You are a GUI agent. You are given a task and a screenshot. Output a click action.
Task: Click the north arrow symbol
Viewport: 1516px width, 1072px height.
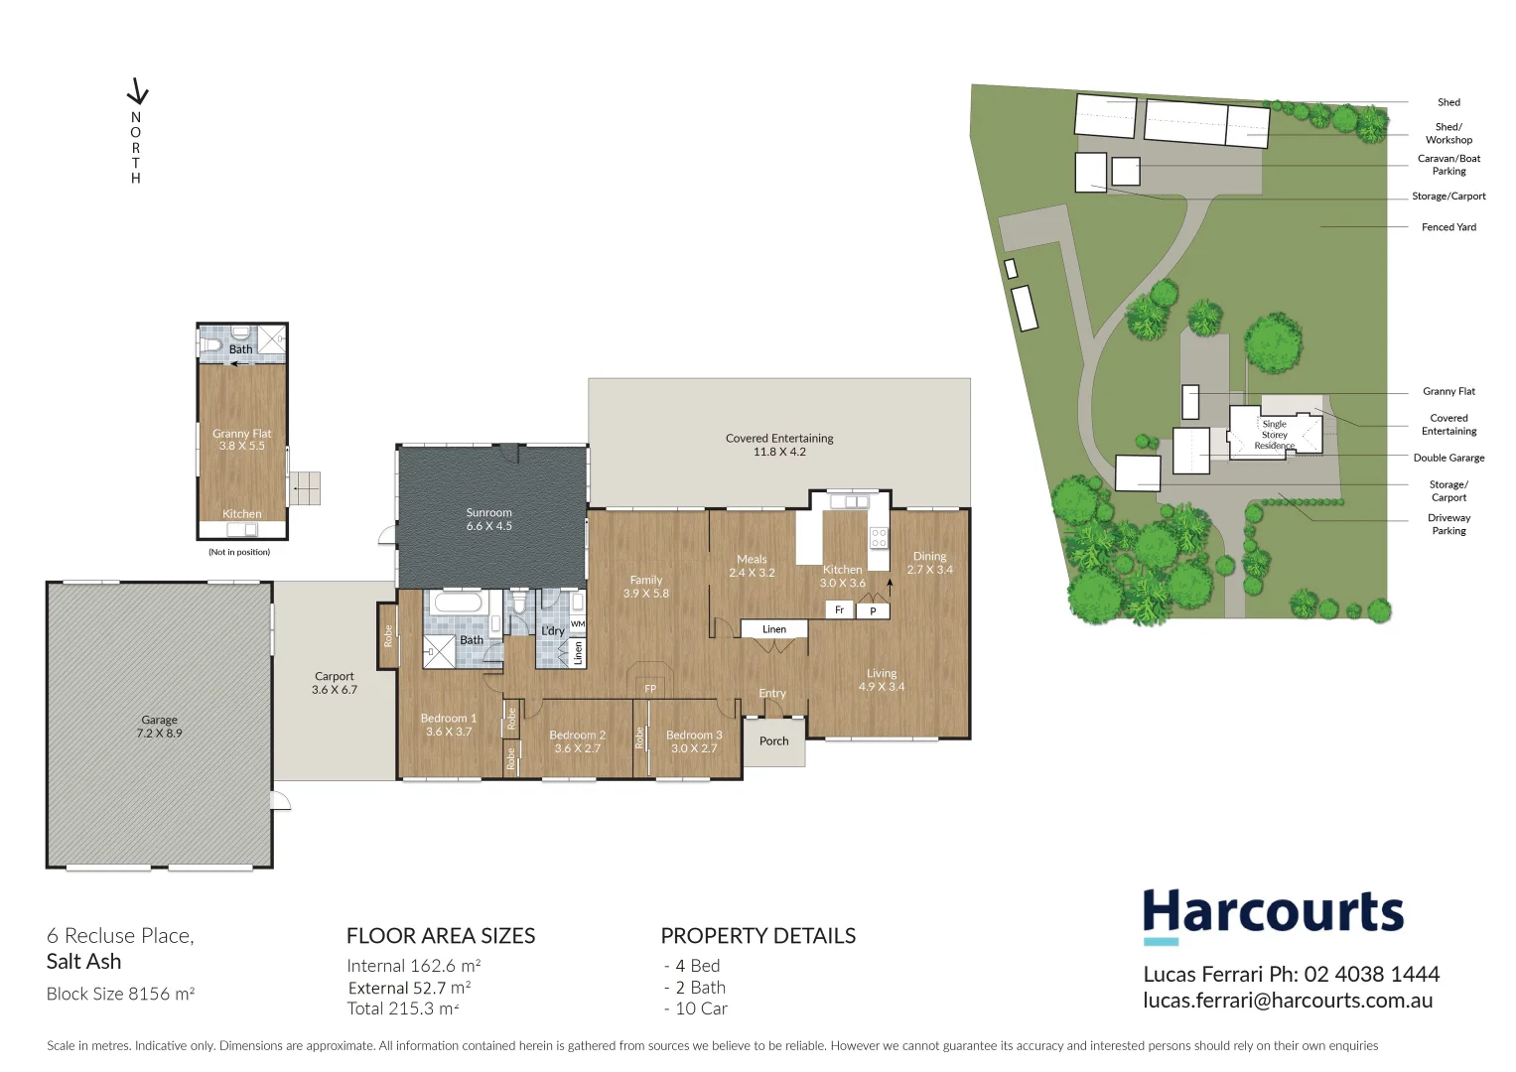coord(137,91)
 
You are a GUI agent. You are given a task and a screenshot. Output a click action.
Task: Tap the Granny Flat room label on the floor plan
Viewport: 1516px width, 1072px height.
coord(241,439)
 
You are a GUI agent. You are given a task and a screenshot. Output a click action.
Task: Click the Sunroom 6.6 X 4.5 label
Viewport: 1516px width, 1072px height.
coord(488,519)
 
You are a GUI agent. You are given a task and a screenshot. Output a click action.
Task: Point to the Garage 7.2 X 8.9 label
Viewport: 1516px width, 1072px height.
coord(159,727)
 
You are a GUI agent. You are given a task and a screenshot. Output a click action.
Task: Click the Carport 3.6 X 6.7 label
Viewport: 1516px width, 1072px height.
coord(334,683)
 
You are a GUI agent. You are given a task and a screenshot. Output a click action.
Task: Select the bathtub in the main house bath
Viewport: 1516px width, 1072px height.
coord(458,603)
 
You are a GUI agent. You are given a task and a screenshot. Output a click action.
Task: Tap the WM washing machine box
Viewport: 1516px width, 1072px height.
coord(578,623)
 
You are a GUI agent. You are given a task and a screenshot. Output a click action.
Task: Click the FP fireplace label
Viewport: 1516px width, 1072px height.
coord(650,688)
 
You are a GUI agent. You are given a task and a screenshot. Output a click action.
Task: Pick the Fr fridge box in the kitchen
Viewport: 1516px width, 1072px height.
coord(840,609)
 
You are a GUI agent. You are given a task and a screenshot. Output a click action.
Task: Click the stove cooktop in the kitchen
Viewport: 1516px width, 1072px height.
coord(879,538)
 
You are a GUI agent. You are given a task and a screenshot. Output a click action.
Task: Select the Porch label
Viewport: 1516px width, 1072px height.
coord(773,741)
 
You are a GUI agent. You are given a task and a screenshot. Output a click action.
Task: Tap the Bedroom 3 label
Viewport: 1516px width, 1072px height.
coord(694,741)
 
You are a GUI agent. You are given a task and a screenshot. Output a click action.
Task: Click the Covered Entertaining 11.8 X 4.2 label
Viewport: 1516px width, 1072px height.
coord(779,445)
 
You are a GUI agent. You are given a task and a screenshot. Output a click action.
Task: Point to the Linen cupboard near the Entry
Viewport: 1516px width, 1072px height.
coord(774,629)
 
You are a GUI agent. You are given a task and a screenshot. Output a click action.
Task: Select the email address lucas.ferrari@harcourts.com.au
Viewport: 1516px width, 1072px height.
coord(1288,1001)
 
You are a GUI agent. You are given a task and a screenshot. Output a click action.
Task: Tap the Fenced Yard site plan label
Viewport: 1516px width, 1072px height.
coord(1448,227)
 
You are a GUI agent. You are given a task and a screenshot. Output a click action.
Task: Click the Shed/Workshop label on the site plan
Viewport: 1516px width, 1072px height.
coord(1448,133)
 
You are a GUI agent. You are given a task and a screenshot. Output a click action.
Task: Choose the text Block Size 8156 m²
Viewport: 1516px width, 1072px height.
coord(120,994)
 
